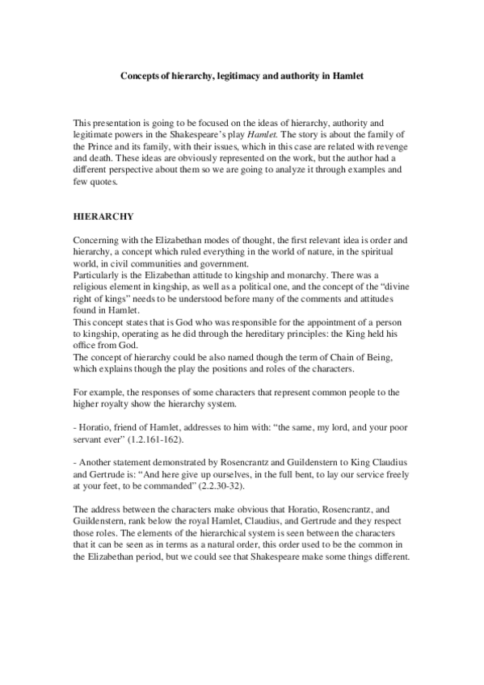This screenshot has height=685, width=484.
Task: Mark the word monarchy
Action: coord(272,274)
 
